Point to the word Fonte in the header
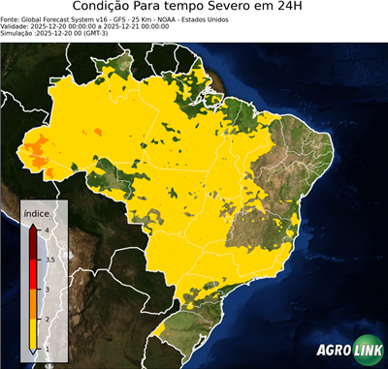coord(11,18)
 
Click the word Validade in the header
coord(16,25)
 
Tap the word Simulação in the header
coord(18,33)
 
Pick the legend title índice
coord(36,211)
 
